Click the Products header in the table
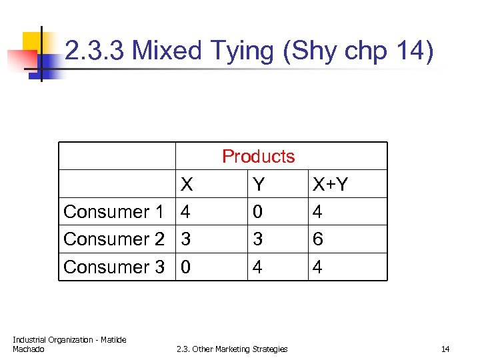[x=258, y=157]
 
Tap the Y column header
[x=259, y=185]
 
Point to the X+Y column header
[x=331, y=185]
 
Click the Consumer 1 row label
[x=113, y=212]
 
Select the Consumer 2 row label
[x=113, y=239]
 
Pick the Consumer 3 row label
[x=113, y=267]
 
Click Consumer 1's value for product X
[x=186, y=212]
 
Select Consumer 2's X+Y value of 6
[x=318, y=239]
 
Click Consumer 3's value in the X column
[x=186, y=267]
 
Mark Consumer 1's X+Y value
[x=318, y=212]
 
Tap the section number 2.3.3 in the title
[x=96, y=51]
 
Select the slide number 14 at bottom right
[x=445, y=349]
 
